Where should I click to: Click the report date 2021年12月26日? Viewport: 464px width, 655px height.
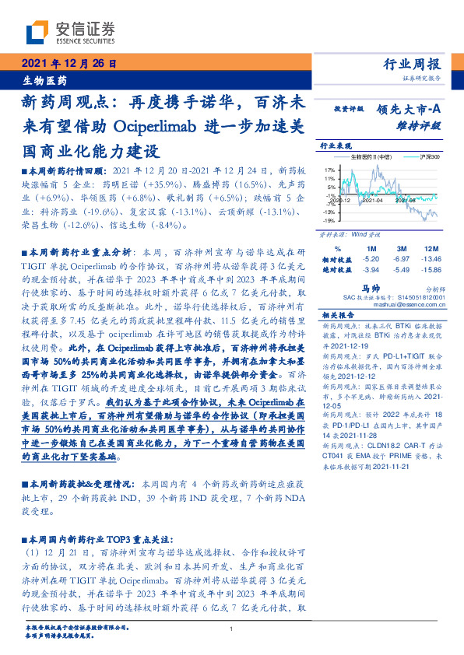coord(68,64)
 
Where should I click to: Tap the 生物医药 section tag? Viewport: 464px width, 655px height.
coord(43,80)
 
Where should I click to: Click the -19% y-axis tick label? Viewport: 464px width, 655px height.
coord(329,221)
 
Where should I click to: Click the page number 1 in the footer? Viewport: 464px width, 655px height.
coord(232,629)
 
